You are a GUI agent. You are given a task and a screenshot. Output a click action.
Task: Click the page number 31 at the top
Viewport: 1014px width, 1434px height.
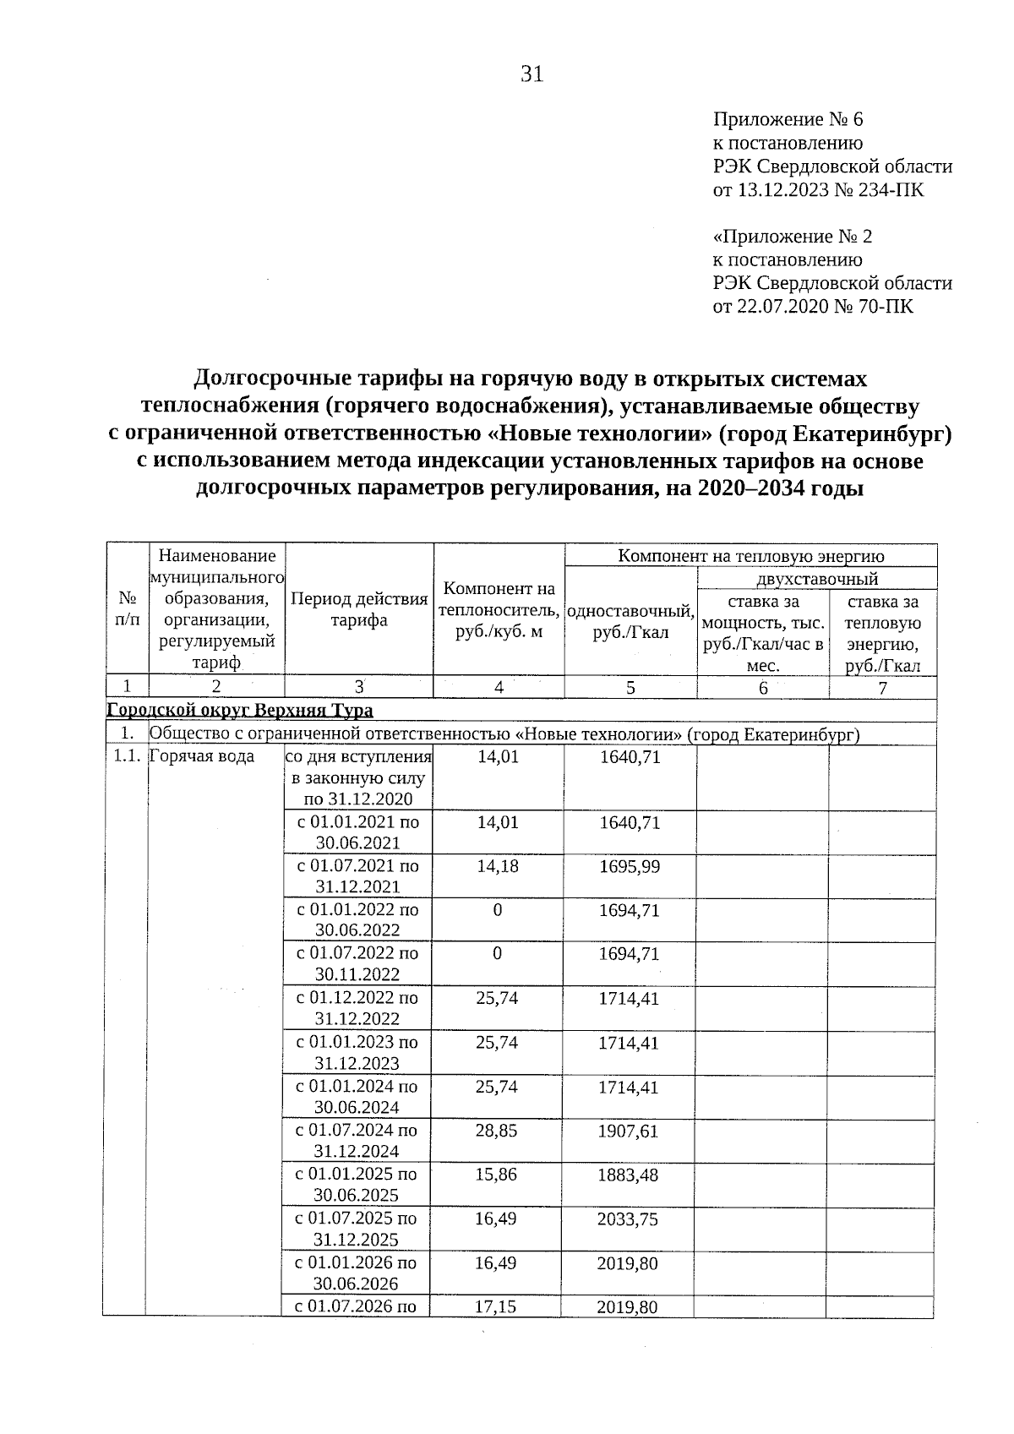tap(532, 74)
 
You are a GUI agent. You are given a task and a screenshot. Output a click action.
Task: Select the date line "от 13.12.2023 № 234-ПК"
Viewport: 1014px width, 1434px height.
tap(818, 189)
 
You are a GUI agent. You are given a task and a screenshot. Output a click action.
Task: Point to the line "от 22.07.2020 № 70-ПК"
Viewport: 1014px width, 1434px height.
tap(813, 306)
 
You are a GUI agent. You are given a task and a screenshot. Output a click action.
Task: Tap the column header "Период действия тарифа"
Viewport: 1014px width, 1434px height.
tap(359, 609)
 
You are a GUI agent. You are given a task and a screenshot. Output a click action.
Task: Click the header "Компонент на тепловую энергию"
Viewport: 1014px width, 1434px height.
tap(750, 555)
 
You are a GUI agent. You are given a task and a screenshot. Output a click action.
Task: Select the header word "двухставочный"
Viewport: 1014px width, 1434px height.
tap(816, 579)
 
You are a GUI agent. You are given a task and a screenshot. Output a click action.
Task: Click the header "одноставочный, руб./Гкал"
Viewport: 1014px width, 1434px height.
tap(630, 622)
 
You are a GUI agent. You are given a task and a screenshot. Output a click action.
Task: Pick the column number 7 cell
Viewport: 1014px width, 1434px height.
tap(882, 688)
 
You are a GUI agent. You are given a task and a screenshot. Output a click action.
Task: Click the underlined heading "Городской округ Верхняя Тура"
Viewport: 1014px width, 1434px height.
tap(240, 710)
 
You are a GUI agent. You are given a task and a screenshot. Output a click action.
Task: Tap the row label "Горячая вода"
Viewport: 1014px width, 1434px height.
tap(201, 756)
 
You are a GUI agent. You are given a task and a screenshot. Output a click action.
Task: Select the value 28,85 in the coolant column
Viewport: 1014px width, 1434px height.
tap(496, 1131)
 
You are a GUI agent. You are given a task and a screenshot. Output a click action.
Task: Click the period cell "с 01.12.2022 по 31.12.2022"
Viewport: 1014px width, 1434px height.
tap(357, 1008)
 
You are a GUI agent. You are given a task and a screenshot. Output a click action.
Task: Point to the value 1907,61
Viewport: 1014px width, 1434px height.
tap(628, 1131)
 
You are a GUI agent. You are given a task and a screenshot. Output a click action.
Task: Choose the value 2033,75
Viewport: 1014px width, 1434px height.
tap(628, 1219)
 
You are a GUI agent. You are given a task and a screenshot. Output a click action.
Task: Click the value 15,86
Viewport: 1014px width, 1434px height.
tap(496, 1175)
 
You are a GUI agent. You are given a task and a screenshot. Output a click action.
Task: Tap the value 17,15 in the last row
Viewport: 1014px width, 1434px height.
tap(496, 1306)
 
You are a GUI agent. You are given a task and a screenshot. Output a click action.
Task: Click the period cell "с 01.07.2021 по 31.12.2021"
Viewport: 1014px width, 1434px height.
tap(357, 876)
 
